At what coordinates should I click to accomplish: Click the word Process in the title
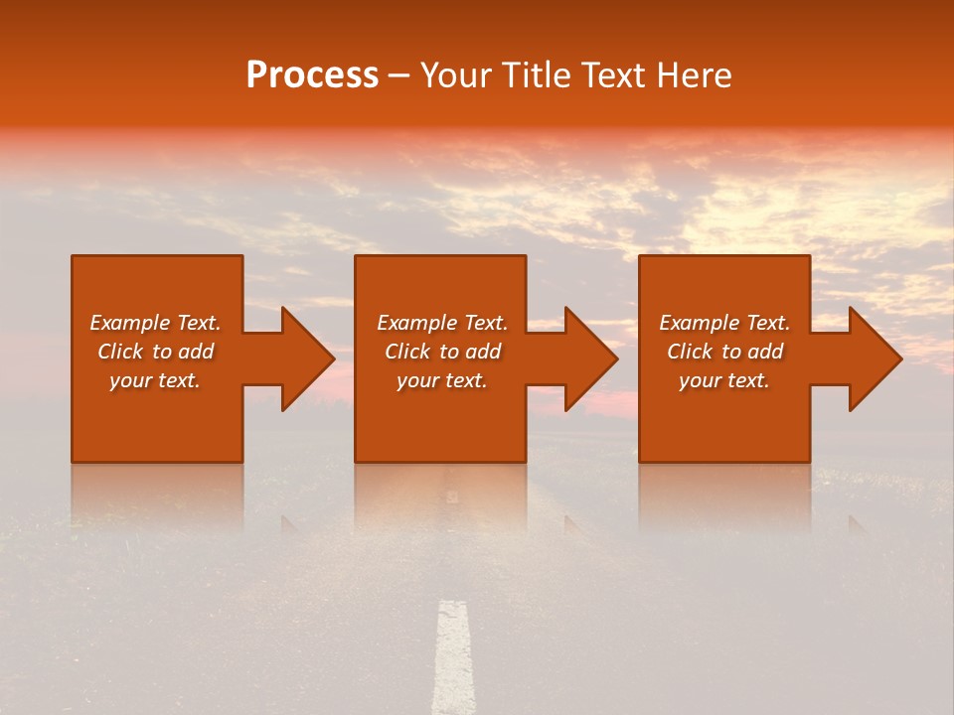[x=312, y=75]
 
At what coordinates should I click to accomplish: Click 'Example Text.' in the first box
[x=155, y=323]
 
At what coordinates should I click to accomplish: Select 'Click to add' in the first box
[x=155, y=352]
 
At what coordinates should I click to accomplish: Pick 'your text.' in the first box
[x=155, y=380]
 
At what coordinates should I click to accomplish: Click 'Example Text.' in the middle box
[x=441, y=323]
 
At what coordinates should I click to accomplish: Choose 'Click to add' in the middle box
[x=441, y=352]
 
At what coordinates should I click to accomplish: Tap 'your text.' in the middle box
[x=441, y=380]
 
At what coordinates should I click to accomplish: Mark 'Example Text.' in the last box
[x=724, y=323]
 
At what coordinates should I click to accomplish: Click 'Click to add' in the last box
[x=724, y=352]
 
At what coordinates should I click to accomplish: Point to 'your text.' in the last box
[x=724, y=380]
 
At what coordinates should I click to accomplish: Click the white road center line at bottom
[x=453, y=655]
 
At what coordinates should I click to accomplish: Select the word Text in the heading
[x=616, y=75]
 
